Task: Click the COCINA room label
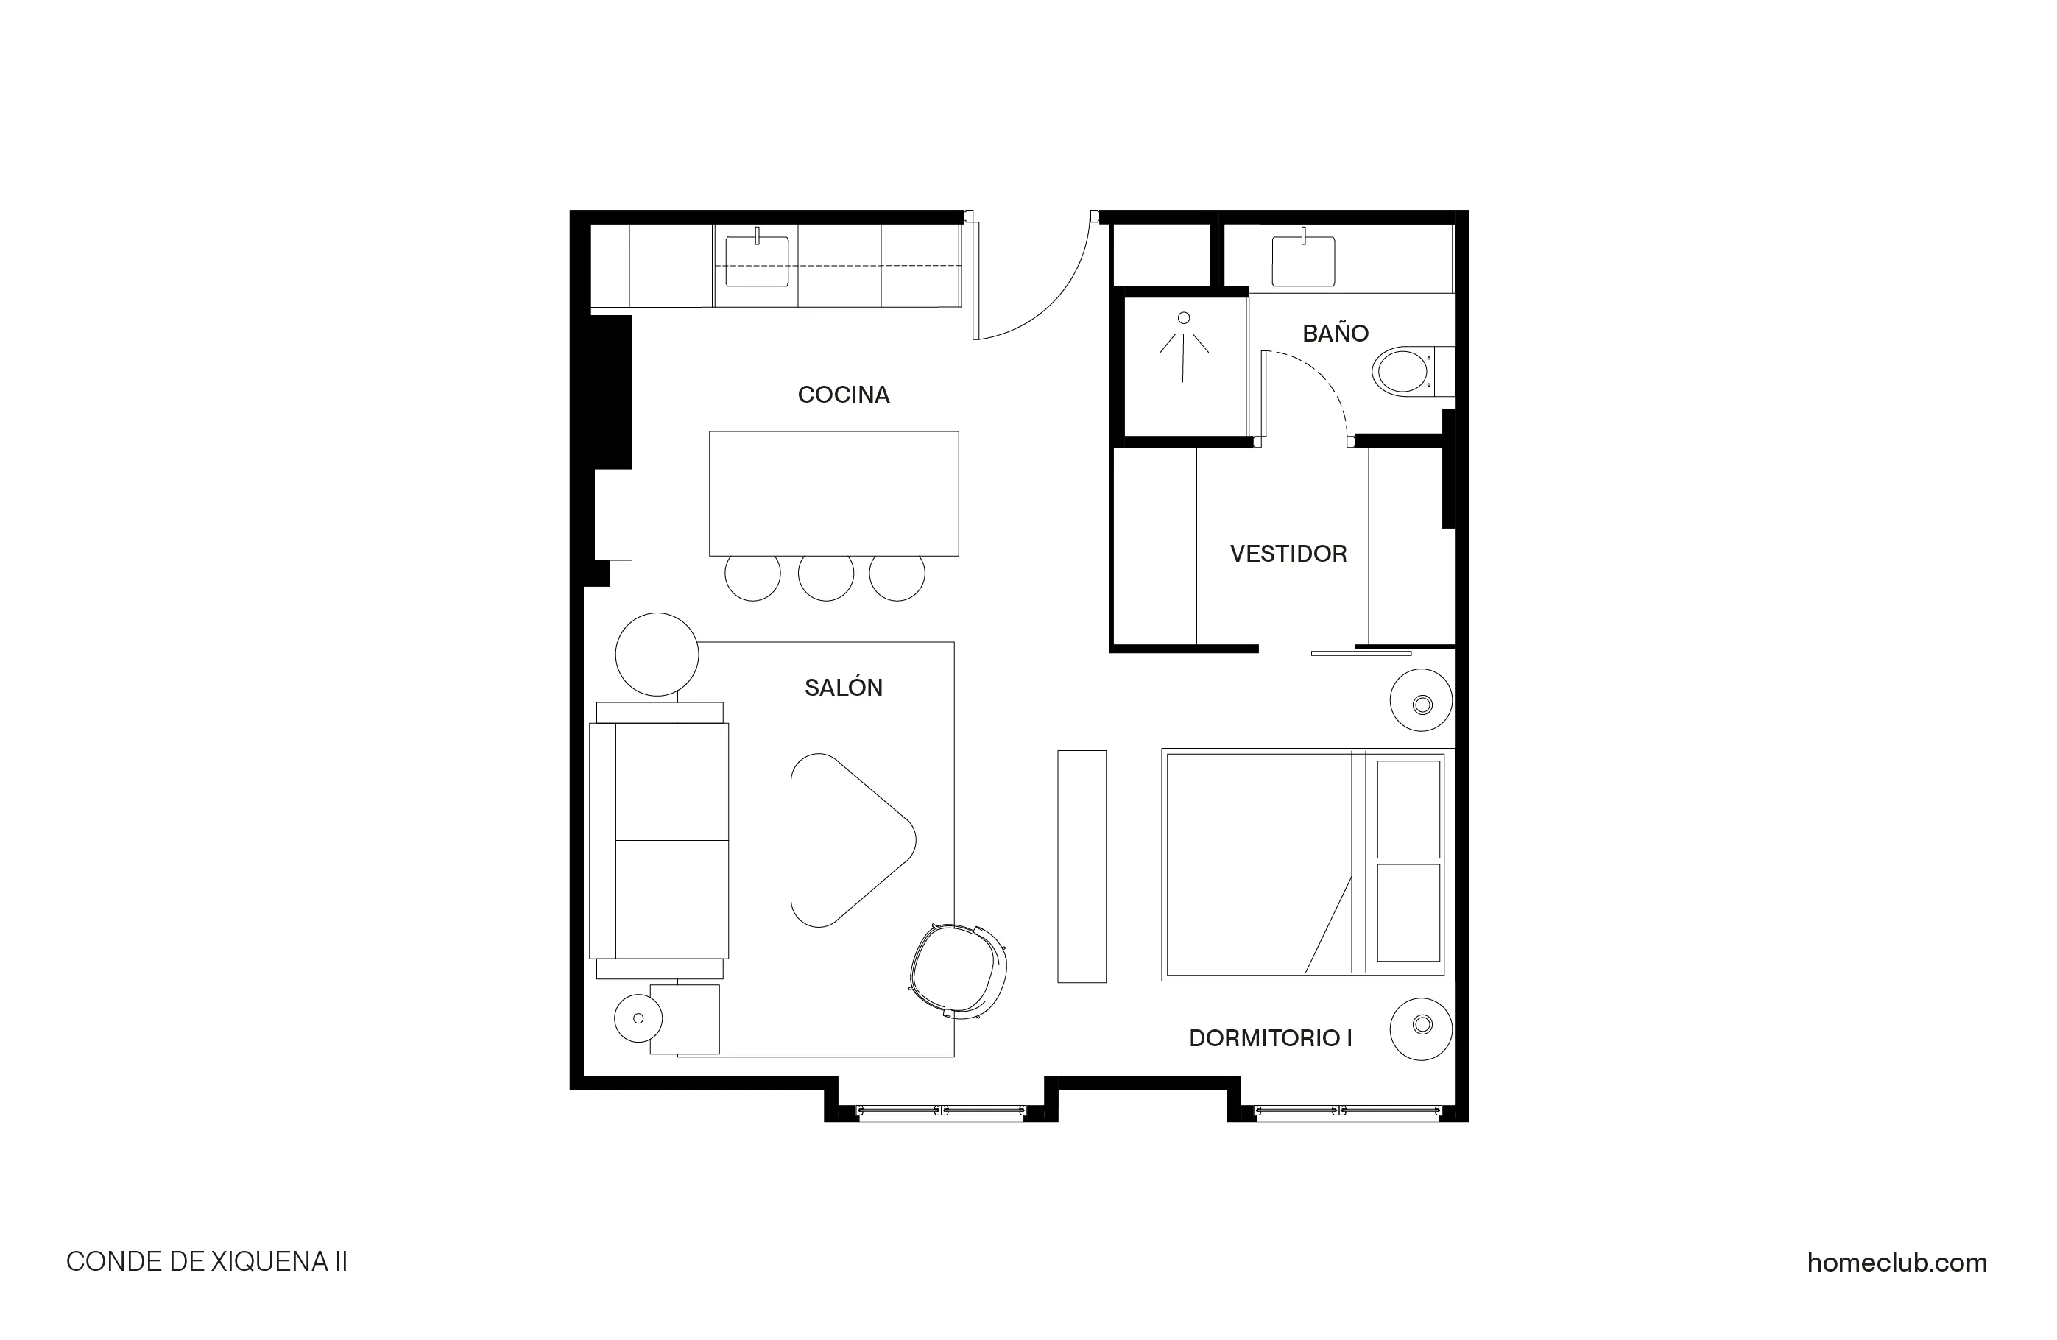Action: point(843,395)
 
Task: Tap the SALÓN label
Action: point(843,688)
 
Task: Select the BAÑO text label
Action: point(1335,334)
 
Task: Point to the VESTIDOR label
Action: point(1288,554)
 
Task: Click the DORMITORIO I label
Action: point(1270,1039)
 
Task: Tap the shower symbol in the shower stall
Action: point(1183,346)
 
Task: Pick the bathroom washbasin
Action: point(1302,260)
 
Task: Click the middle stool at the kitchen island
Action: point(825,574)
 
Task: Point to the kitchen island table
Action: point(833,493)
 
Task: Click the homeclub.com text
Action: point(1897,1263)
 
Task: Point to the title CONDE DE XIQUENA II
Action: point(207,1262)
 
